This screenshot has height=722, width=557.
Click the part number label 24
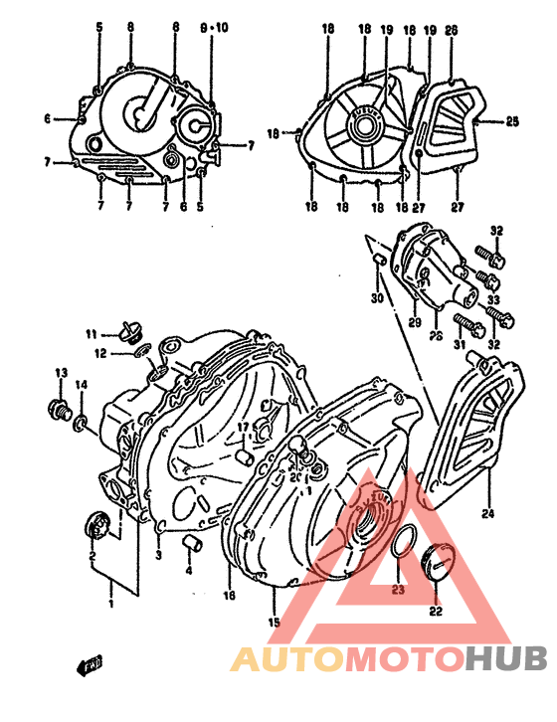tap(487, 515)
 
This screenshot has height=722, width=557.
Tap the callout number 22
tap(435, 612)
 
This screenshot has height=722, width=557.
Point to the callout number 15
tap(275, 623)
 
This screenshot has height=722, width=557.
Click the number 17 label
tap(241, 429)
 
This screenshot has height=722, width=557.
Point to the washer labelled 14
tap(81, 427)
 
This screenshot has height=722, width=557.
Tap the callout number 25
tap(512, 122)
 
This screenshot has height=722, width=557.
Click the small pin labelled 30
tap(378, 261)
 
